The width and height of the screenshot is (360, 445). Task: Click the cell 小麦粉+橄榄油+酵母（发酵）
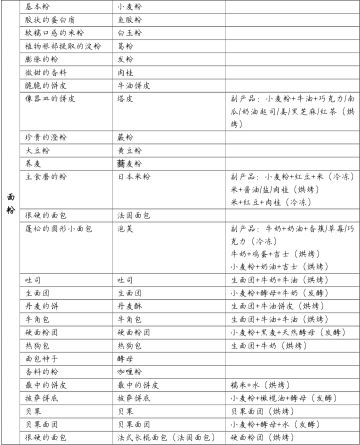pyautogui.click(x=286, y=396)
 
